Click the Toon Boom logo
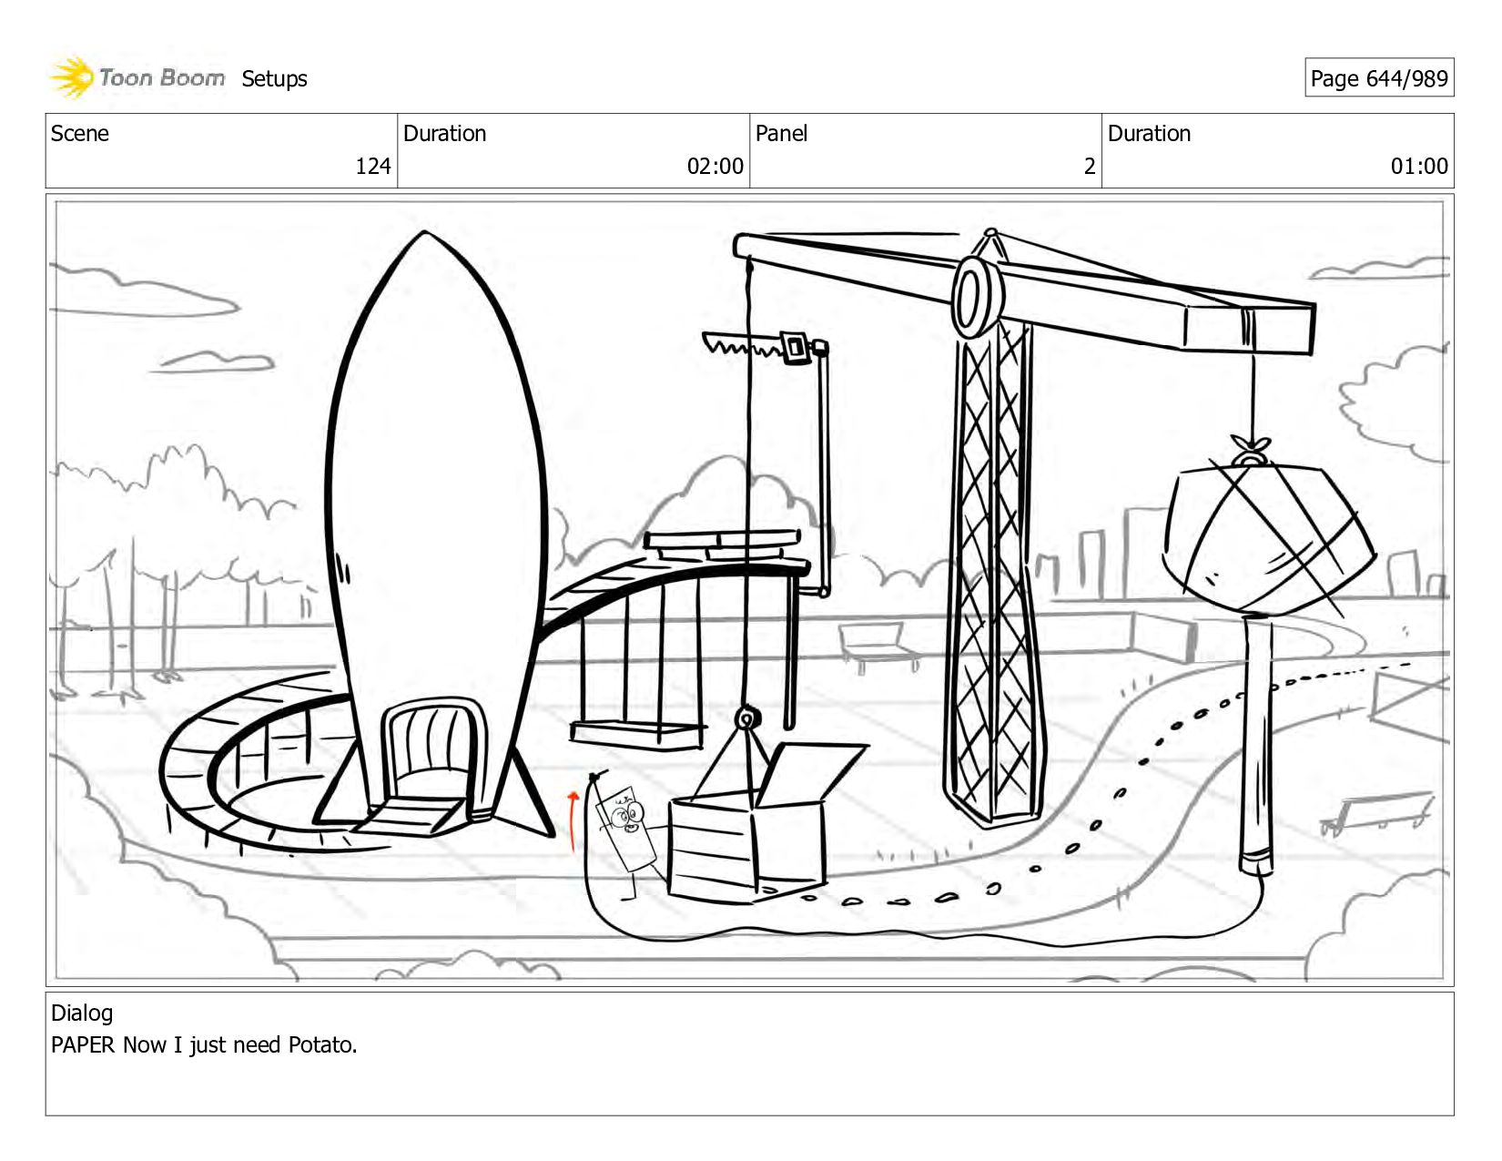point(137,77)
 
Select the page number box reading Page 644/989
point(1378,78)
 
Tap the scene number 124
point(372,166)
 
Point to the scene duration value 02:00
point(715,166)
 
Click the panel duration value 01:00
point(1418,166)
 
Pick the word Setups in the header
point(274,79)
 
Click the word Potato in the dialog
point(320,1044)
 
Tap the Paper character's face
point(626,813)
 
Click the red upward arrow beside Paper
point(573,820)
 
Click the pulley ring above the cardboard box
point(746,719)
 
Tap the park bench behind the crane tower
point(878,643)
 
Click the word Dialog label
point(82,1013)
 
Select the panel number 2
point(1089,166)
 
